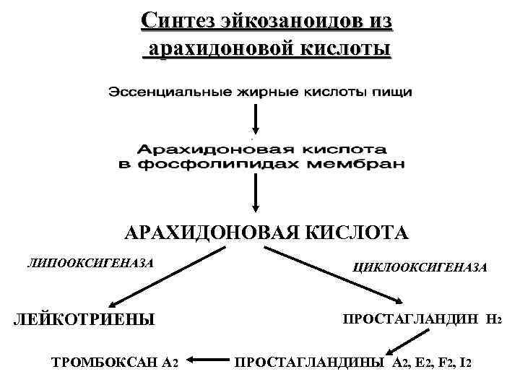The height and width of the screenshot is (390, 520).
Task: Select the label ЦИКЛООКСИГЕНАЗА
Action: [x=419, y=267]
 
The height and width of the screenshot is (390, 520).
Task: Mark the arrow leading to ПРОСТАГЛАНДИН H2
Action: [x=336, y=277]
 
